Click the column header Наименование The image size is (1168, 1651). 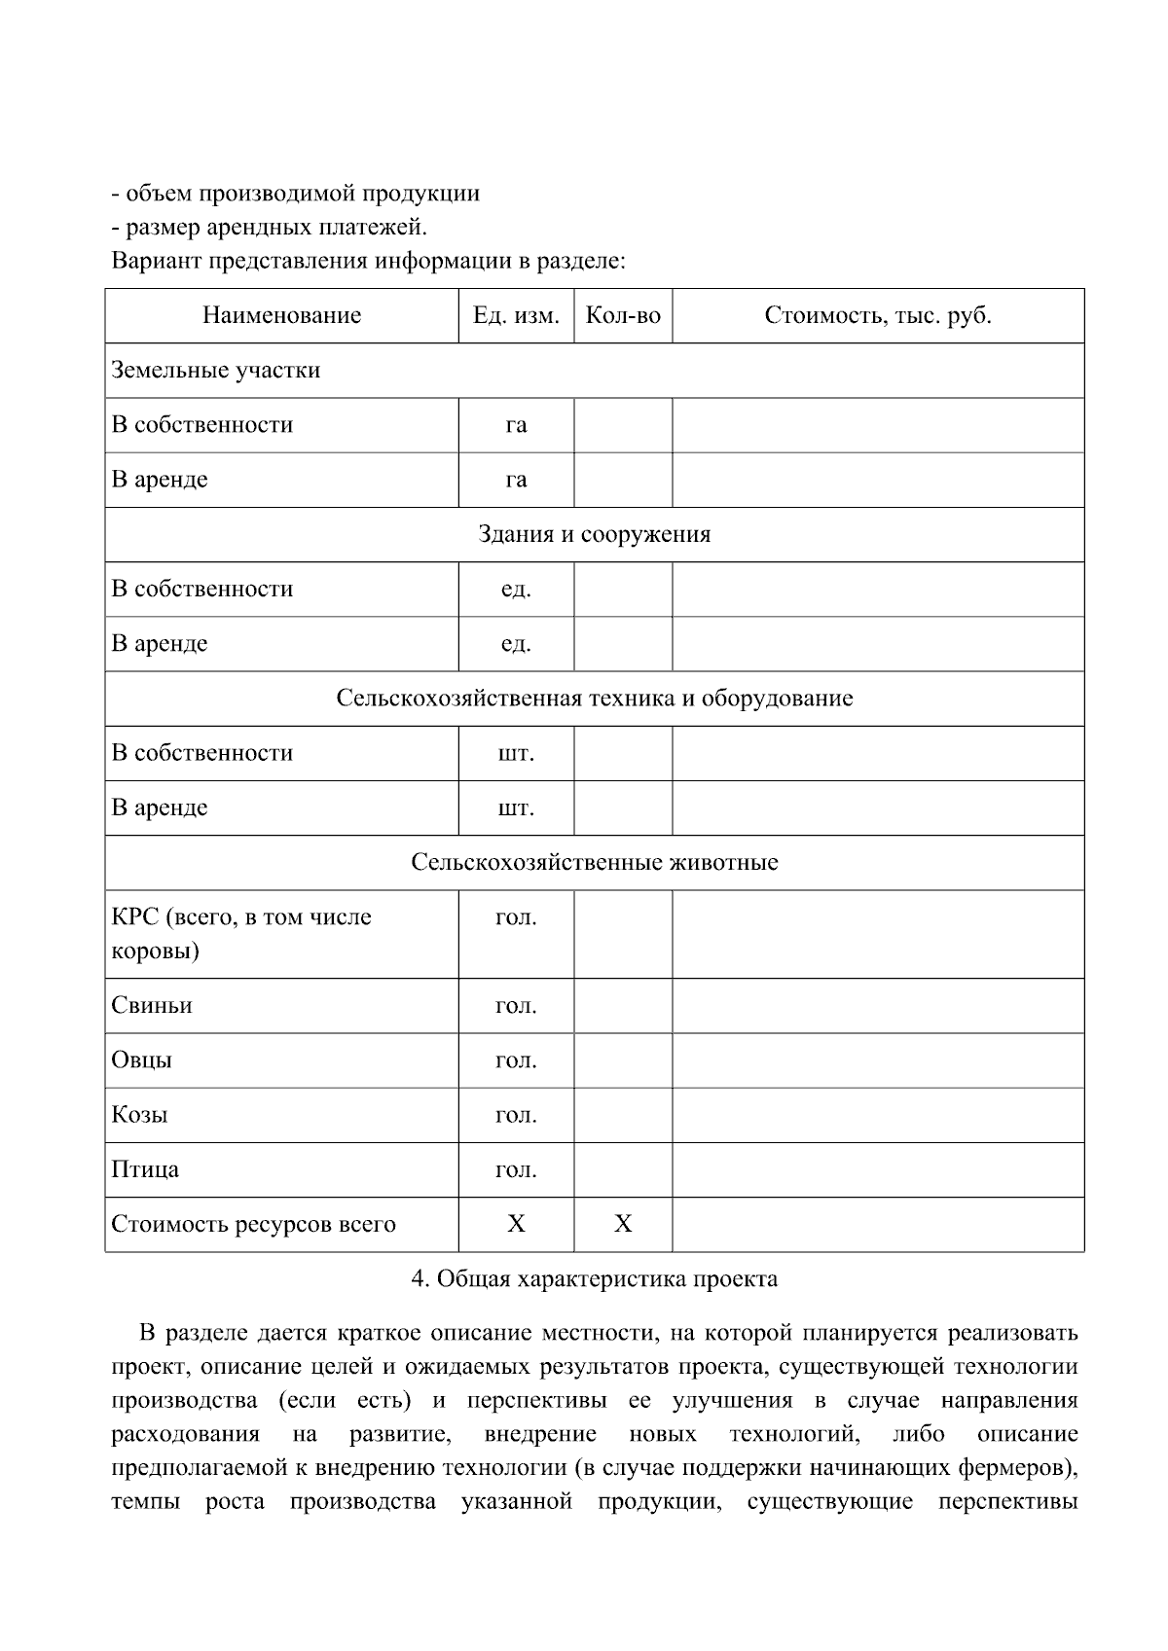tap(281, 315)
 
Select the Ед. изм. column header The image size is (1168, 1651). tap(516, 315)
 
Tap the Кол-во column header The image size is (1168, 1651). tap(623, 315)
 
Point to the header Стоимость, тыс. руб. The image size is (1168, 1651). tap(877, 315)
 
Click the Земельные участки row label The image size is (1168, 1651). tap(215, 370)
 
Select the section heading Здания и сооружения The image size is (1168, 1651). tap(594, 534)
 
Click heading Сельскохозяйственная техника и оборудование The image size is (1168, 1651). tap(594, 699)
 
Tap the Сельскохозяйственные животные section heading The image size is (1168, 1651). tap(594, 862)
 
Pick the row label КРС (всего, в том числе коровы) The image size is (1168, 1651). tap(240, 933)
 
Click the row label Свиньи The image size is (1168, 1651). tap(152, 1005)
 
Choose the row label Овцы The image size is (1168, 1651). tap(142, 1059)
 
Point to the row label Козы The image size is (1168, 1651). tap(139, 1114)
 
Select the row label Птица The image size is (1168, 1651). tap(145, 1169)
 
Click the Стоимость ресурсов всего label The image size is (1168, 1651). tap(253, 1224)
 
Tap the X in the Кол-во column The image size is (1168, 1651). tap(623, 1224)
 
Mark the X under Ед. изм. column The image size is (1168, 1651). tap(516, 1224)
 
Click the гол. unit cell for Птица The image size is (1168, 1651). tap(516, 1169)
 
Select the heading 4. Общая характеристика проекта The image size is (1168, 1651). tap(594, 1278)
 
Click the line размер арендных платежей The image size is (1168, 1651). tap(270, 227)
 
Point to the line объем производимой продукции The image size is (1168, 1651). tap(296, 193)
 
